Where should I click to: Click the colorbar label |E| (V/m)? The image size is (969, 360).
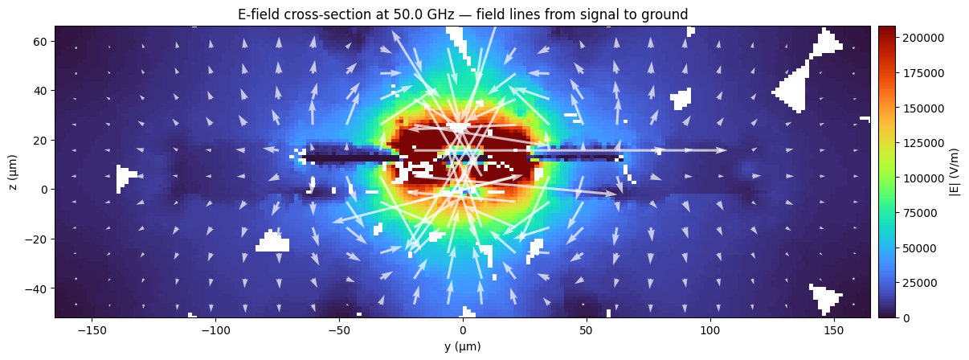pyautogui.click(x=954, y=172)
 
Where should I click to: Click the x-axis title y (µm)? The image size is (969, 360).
pyautogui.click(x=462, y=347)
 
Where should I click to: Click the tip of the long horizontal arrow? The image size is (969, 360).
pyautogui.click(x=727, y=150)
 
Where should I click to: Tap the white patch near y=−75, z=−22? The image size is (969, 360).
pyautogui.click(x=273, y=242)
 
